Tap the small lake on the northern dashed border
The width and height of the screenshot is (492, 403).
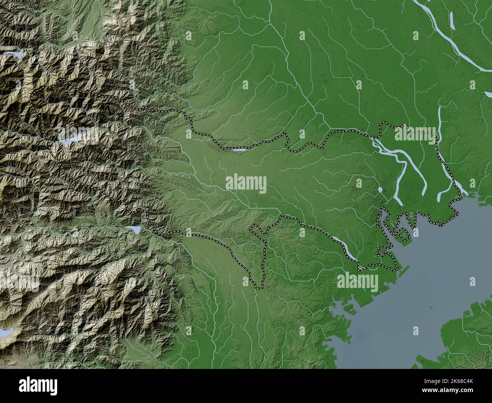pyautogui.click(x=239, y=150)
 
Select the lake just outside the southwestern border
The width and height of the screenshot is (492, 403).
pyautogui.click(x=134, y=229)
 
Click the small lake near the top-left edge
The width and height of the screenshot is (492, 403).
pyautogui.click(x=17, y=54)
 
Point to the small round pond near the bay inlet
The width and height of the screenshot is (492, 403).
pyautogui.click(x=380, y=189)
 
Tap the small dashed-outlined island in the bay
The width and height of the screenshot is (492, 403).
pyautogui.click(x=402, y=235)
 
